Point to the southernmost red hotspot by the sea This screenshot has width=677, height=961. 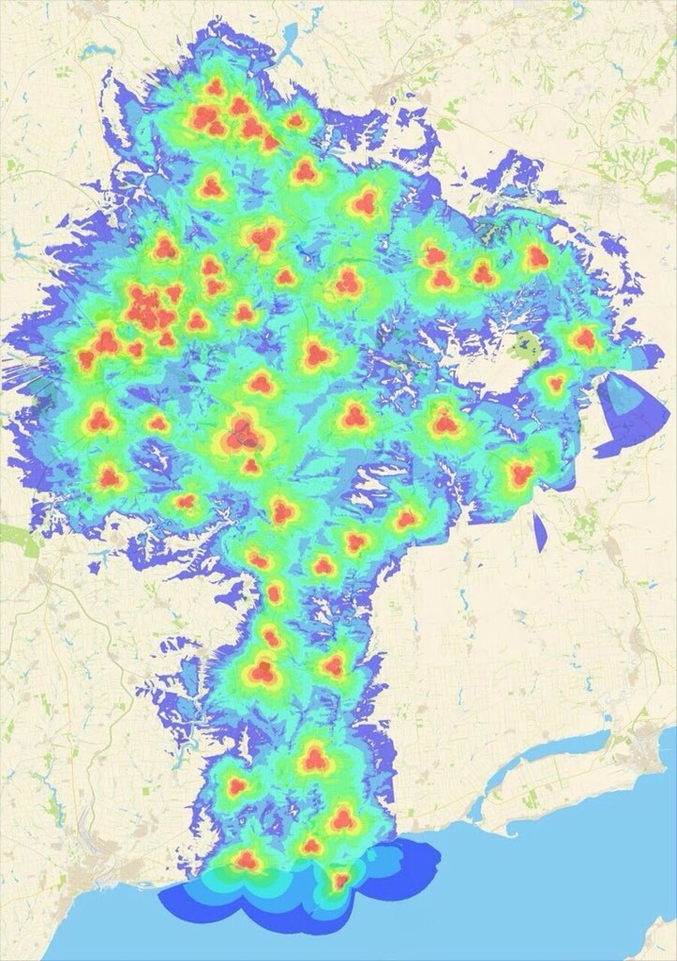point(339,880)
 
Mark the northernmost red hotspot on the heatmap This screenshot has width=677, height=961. point(215,87)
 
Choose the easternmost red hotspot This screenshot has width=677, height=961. point(585,339)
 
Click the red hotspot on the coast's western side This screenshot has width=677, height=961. point(246,858)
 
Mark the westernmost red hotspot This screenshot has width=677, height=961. point(88,358)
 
